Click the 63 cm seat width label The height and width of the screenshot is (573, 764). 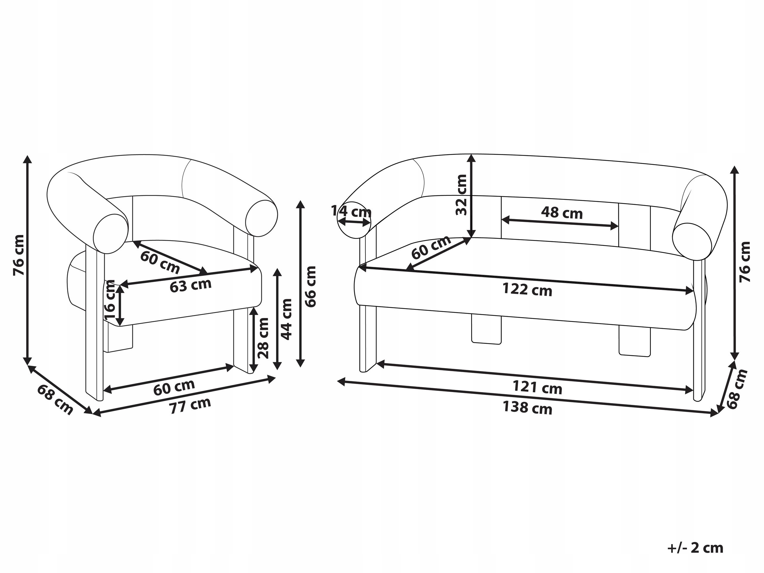[x=191, y=285]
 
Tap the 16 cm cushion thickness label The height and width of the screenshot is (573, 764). [x=110, y=299]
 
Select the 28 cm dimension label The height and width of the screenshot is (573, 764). [x=264, y=338]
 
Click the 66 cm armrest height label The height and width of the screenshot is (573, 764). [x=311, y=286]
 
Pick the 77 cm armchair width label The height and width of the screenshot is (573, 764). [x=190, y=406]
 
